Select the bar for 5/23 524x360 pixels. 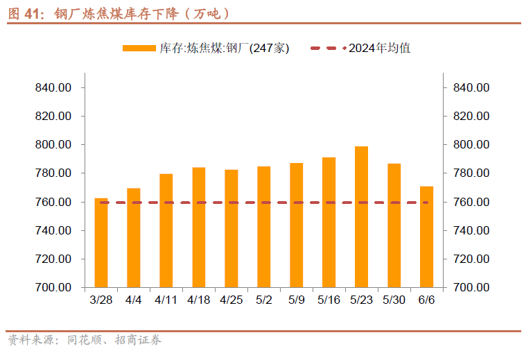(361, 216)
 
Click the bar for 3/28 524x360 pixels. (101, 242)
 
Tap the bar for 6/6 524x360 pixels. (426, 237)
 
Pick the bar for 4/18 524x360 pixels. (199, 227)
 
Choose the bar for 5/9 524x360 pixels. (297, 225)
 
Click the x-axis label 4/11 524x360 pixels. (166, 300)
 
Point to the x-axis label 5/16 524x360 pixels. (329, 300)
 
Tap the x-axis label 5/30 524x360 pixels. (394, 300)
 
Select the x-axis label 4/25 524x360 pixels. (232, 300)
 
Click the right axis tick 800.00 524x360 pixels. (471, 144)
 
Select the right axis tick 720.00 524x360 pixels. (471, 259)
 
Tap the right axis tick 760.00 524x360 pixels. (471, 202)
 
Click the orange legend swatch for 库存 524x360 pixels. (139, 49)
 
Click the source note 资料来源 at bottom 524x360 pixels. (32, 341)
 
